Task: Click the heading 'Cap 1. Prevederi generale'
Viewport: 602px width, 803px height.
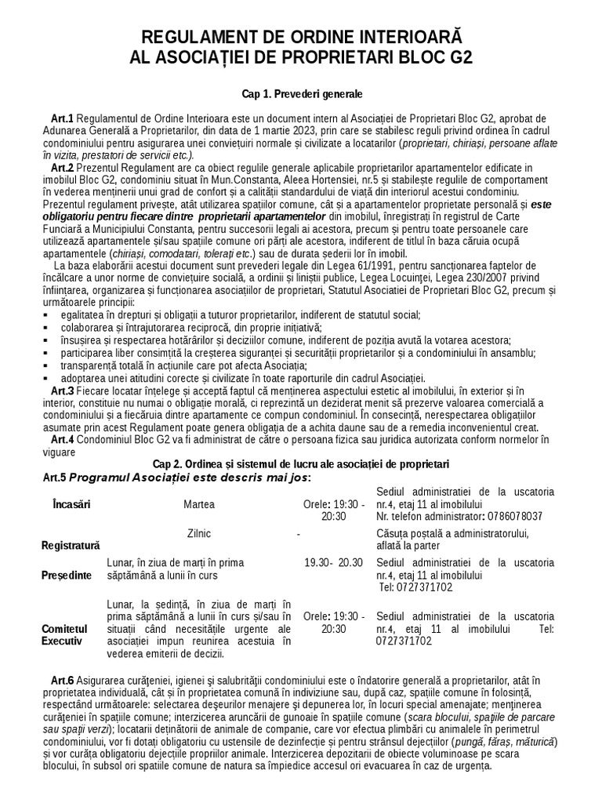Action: [x=302, y=94]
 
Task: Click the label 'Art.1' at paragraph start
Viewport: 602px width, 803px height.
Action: [x=63, y=118]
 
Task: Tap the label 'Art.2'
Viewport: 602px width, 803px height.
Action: [x=63, y=168]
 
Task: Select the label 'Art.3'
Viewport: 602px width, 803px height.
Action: [x=63, y=391]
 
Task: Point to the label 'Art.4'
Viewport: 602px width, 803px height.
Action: [x=63, y=440]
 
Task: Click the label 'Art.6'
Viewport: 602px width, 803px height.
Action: [x=63, y=680]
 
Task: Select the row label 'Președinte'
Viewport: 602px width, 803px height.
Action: [x=66, y=575]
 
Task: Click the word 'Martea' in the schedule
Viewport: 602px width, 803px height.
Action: [x=199, y=504]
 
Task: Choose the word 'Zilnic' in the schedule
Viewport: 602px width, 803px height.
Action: [x=199, y=533]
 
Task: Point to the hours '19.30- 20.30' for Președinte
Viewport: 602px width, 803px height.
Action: [x=334, y=562]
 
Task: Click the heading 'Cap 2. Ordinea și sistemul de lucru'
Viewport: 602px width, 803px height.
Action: [x=301, y=463]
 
